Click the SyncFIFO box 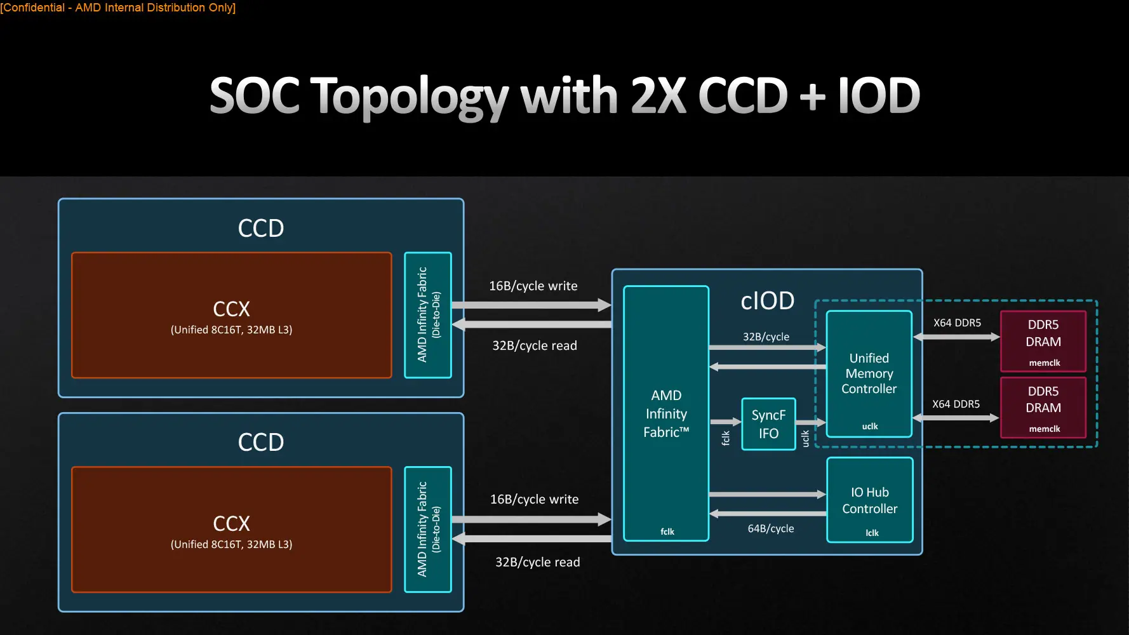(768, 424)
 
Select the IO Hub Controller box (869, 500)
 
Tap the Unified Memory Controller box (869, 373)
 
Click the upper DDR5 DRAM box (1043, 341)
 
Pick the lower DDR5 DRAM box (1043, 408)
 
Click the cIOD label (767, 301)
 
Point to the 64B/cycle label (770, 528)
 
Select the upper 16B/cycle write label (533, 286)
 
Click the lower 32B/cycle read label (537, 562)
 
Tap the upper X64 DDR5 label (956, 323)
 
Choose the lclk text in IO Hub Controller (872, 533)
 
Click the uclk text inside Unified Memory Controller (869, 426)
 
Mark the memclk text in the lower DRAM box (1044, 429)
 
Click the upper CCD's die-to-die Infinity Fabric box (428, 315)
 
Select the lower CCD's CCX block (231, 530)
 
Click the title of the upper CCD (260, 228)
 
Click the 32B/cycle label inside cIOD (766, 337)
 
